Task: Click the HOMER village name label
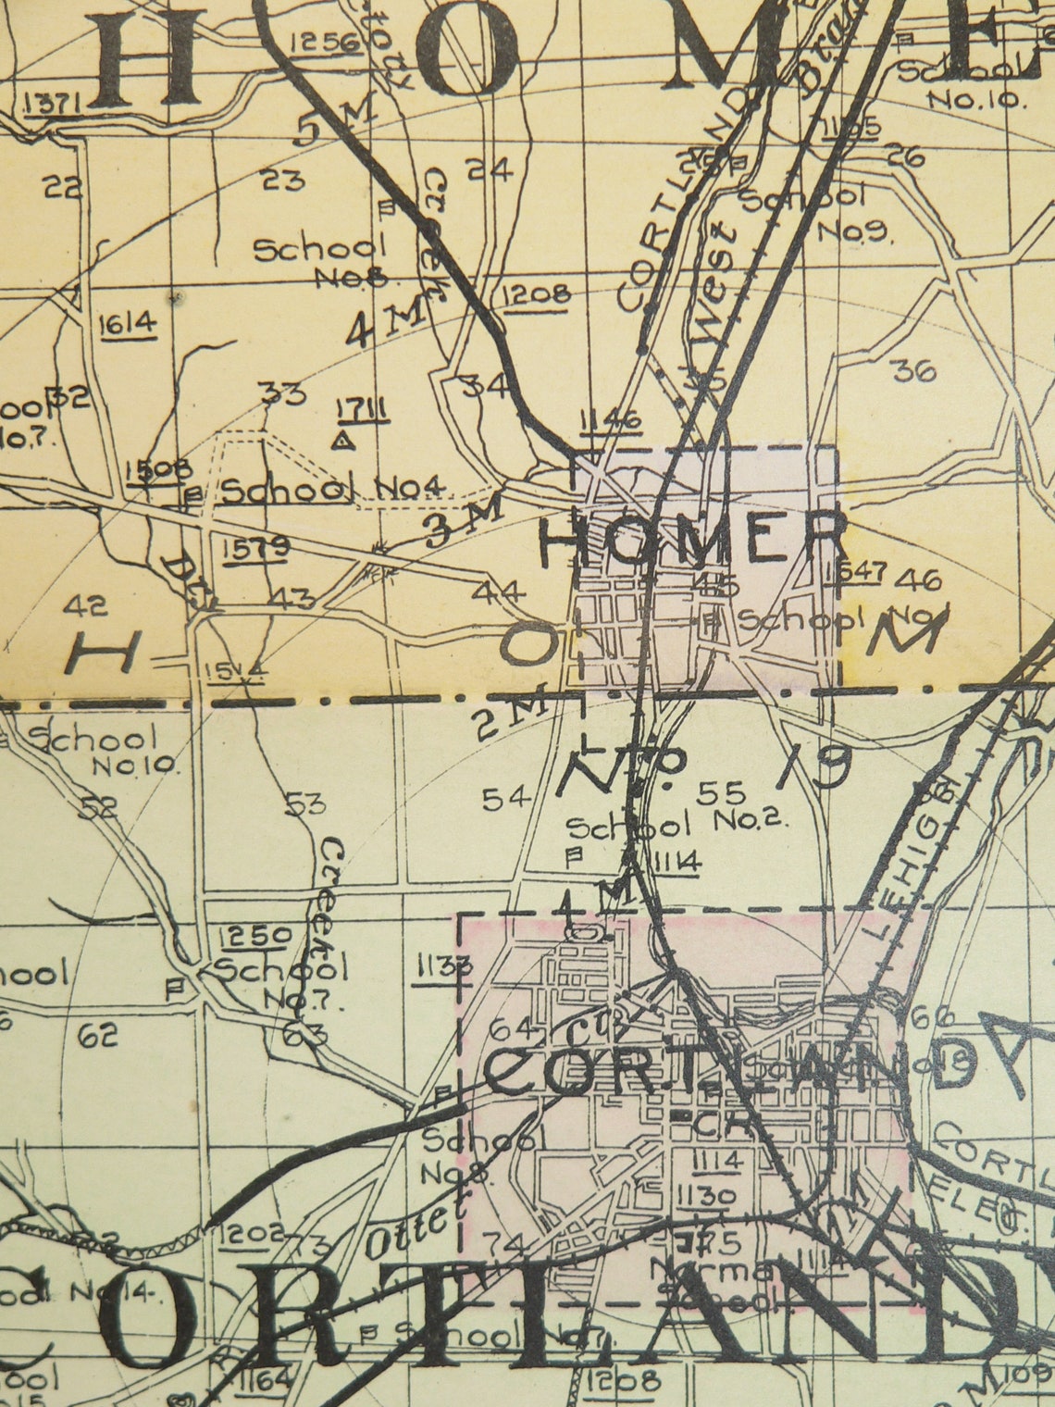tap(692, 539)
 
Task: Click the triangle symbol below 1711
tap(344, 439)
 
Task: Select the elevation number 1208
tap(537, 295)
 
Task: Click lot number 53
tap(304, 803)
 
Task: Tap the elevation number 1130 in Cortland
tap(705, 1195)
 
